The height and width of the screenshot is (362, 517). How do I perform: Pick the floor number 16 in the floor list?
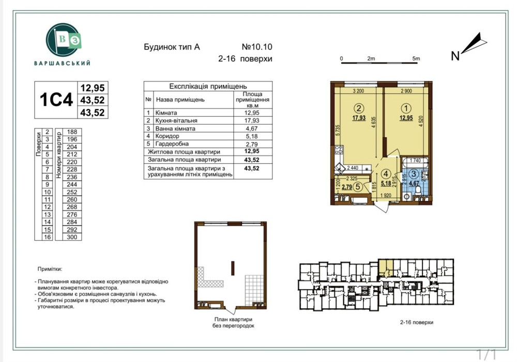click(47, 237)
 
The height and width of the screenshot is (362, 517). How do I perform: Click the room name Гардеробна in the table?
click(169, 144)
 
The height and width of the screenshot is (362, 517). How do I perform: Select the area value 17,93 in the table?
click(252, 120)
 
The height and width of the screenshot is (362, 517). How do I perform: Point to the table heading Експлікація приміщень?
click(208, 87)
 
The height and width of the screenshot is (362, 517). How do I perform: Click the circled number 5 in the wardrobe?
click(358, 187)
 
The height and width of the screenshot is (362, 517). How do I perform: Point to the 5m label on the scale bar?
click(416, 58)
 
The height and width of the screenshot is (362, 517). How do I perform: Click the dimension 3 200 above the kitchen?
click(358, 91)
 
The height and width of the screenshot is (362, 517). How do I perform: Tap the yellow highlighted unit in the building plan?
click(385, 267)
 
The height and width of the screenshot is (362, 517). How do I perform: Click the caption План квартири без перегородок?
click(233, 323)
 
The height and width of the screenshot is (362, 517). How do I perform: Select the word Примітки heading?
click(50, 269)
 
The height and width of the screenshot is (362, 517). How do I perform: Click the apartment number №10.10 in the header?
click(256, 47)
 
